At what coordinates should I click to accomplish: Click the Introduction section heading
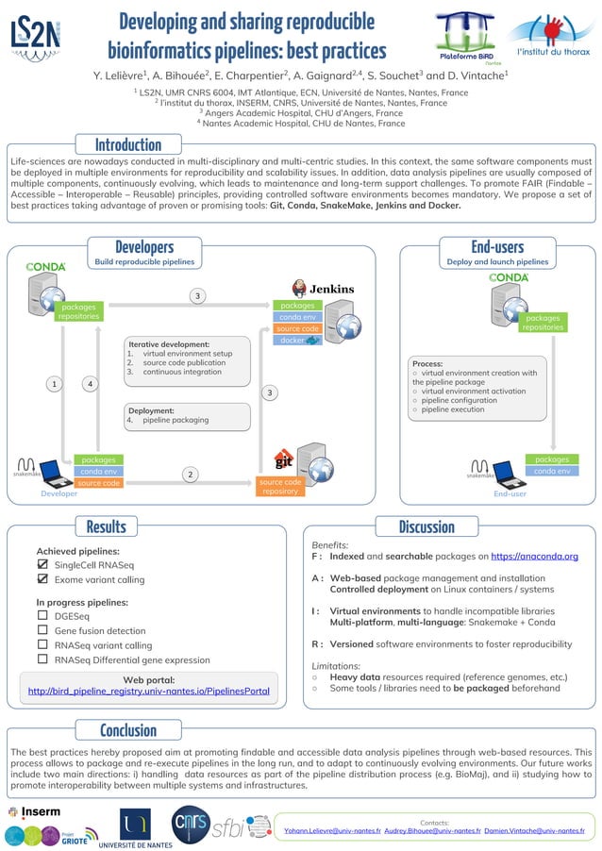point(128,144)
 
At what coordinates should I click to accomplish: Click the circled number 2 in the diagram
point(190,474)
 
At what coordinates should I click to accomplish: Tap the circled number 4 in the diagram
point(90,384)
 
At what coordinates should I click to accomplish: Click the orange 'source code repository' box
point(280,486)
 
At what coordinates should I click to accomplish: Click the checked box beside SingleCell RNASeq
point(42,564)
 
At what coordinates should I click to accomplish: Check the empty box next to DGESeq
point(42,614)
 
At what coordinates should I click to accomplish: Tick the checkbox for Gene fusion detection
point(42,629)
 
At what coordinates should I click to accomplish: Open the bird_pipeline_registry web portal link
point(149,692)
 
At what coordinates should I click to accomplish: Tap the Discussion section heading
point(426,526)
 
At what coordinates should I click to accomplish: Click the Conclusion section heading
point(128,730)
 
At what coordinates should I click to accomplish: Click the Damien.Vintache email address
point(534,831)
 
